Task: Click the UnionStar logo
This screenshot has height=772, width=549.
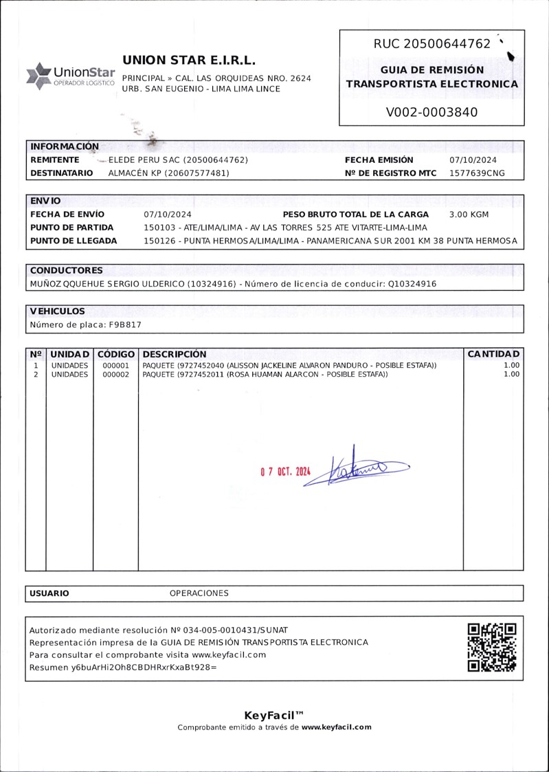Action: pyautogui.click(x=70, y=75)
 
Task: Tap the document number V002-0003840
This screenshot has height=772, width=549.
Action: pyautogui.click(x=432, y=112)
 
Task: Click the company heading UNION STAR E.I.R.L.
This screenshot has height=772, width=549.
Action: pyautogui.click(x=189, y=60)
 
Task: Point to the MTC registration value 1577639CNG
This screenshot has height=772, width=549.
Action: pyautogui.click(x=477, y=173)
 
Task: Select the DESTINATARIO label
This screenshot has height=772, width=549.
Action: pyautogui.click(x=62, y=173)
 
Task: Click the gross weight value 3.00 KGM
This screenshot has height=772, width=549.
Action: pyautogui.click(x=469, y=214)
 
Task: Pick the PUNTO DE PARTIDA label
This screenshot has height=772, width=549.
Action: pyautogui.click(x=72, y=228)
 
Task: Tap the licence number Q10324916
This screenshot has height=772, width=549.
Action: pyautogui.click(x=411, y=283)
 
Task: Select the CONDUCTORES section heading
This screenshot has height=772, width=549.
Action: pyautogui.click(x=66, y=270)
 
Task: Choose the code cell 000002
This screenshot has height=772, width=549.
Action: pyautogui.click(x=115, y=375)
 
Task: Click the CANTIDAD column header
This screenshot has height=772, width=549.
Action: pyautogui.click(x=494, y=354)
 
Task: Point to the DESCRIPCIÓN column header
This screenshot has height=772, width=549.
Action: pyautogui.click(x=175, y=354)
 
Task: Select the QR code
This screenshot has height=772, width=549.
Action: pyautogui.click(x=491, y=647)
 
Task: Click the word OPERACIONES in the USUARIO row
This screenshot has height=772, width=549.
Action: pyautogui.click(x=199, y=593)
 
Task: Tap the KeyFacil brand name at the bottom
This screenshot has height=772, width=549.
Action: pyautogui.click(x=274, y=715)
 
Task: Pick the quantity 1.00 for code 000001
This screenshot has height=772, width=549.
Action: pyautogui.click(x=511, y=365)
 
